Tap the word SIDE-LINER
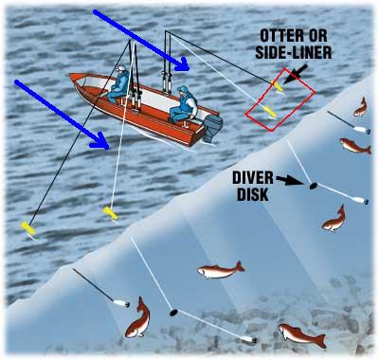click(294, 53)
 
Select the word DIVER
click(253, 178)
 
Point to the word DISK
click(253, 194)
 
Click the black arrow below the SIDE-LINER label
click(296, 74)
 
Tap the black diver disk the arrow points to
click(313, 186)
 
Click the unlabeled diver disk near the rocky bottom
click(173, 313)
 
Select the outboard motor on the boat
click(212, 127)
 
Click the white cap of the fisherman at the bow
click(120, 68)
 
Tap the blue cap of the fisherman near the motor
click(182, 89)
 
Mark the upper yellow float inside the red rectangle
click(277, 86)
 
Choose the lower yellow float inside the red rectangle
click(270, 112)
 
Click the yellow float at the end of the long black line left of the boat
click(27, 228)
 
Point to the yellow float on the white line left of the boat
click(111, 213)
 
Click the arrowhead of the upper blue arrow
click(183, 64)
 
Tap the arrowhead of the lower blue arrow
click(101, 141)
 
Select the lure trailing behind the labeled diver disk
click(360, 200)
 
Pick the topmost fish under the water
click(361, 107)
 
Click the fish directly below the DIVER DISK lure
click(334, 219)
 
